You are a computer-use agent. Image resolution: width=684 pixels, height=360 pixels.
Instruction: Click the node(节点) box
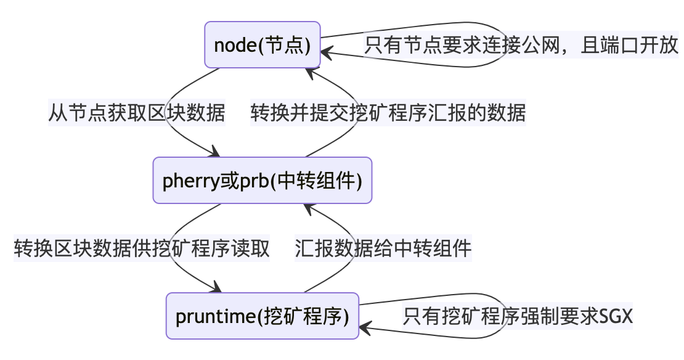[x=263, y=45]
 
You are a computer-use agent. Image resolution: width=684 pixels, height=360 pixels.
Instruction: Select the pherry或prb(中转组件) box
[x=262, y=180]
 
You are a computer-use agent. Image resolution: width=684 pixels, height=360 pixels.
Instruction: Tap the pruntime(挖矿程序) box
[x=262, y=316]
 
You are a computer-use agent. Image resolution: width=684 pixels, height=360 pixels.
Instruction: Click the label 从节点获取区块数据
[x=137, y=113]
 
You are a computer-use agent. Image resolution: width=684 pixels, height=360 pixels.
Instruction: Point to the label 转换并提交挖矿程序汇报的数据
[x=388, y=113]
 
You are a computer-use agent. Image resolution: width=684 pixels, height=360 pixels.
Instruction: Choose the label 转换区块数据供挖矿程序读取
[x=142, y=248]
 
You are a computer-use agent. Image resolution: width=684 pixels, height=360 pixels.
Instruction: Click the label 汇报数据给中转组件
[x=383, y=248]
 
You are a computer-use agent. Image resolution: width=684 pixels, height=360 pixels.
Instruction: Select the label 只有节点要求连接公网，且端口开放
[x=521, y=45]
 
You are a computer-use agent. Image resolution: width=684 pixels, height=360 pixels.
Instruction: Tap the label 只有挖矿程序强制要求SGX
[x=518, y=316]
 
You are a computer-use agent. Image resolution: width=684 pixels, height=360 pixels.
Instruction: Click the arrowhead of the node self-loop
[x=327, y=53]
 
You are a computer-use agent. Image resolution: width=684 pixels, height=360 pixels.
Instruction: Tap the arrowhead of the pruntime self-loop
[x=365, y=328]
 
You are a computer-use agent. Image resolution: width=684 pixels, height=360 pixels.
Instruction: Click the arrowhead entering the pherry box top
[x=214, y=152]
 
